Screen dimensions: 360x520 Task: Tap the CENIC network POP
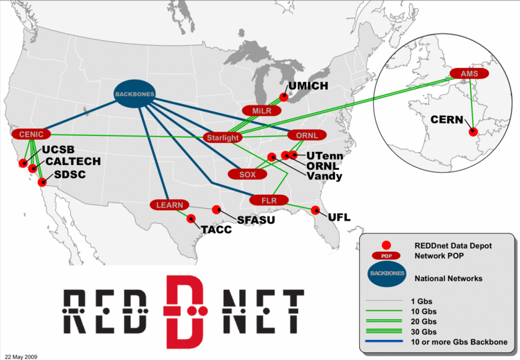[32, 134]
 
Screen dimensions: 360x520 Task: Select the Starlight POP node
[222, 138]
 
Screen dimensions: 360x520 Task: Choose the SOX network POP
[248, 174]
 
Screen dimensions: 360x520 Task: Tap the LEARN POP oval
[169, 205]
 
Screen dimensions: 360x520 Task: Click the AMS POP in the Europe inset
[464, 74]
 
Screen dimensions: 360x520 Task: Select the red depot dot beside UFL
[315, 210]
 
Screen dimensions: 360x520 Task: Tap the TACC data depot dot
[191, 218]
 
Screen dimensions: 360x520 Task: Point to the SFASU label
[257, 220]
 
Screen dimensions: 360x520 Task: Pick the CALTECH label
[72, 161]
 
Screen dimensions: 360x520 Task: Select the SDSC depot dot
[42, 182]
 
